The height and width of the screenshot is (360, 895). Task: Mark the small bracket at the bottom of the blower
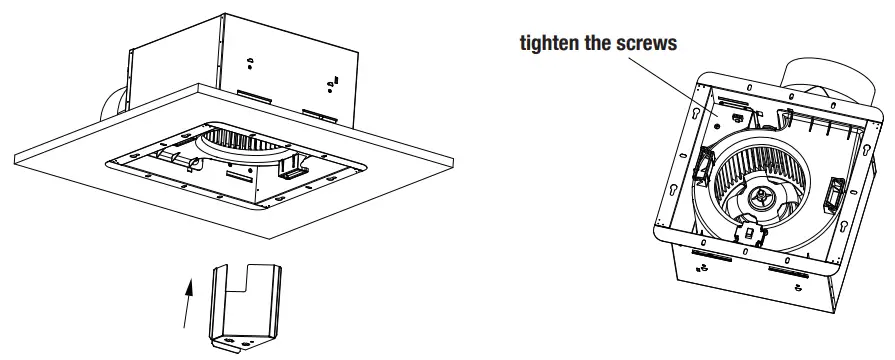(x=744, y=233)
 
